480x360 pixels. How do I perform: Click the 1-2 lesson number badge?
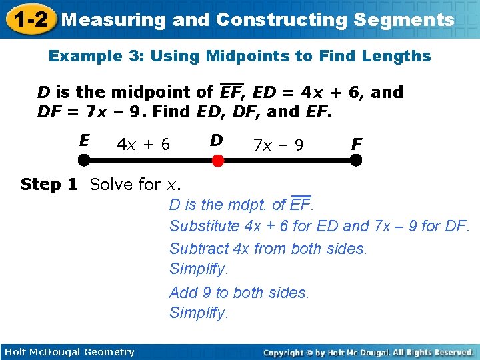28,19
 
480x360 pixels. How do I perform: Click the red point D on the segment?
217,160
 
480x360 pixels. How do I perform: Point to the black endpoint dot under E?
84,160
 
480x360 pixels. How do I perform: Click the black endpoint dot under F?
356,160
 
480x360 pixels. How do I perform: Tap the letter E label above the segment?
84,141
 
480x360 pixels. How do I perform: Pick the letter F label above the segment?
357,143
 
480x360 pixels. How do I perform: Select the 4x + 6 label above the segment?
143,144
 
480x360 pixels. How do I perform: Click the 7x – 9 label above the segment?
278,144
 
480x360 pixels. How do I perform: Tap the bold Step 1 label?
49,184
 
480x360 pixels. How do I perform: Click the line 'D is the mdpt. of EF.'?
241,205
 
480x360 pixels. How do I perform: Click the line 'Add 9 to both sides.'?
239,293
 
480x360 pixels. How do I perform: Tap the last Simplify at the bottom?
199,313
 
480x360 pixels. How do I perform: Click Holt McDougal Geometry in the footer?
69,352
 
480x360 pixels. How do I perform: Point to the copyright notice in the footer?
368,352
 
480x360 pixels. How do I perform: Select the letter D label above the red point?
216,141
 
